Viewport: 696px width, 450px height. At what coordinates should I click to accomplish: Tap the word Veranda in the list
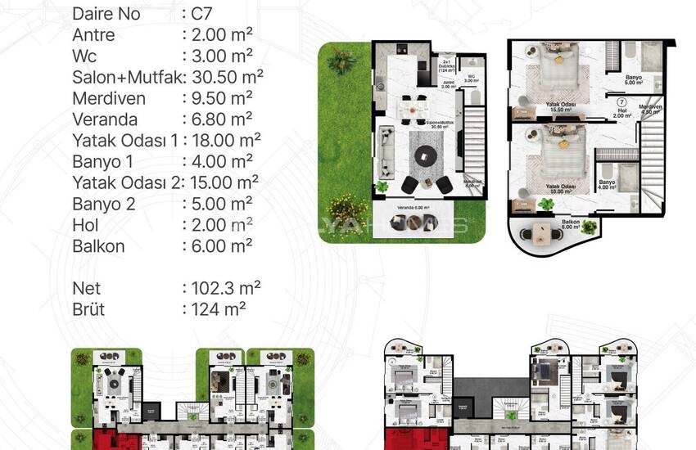104,119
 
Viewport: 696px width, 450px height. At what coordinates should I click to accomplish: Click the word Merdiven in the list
108,98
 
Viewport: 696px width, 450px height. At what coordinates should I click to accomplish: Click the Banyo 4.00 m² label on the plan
607,185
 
